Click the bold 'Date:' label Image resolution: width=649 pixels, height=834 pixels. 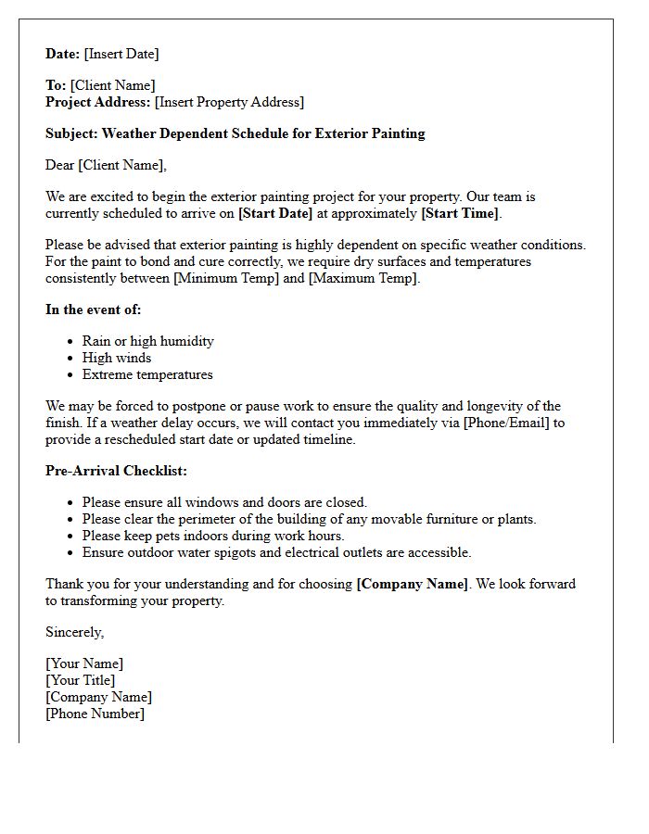63,54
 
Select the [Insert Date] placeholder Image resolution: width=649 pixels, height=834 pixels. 121,54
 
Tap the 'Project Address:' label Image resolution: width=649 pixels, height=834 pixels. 98,102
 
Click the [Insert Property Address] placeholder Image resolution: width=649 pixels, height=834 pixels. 229,102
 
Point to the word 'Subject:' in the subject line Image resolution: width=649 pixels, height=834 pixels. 71,133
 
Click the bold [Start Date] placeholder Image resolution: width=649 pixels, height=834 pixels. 275,213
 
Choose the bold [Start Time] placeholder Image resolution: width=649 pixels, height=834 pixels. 460,213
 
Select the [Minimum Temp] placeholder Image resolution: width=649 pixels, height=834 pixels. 226,278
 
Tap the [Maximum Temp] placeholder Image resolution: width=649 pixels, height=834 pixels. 363,278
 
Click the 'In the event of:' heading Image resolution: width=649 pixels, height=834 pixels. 94,310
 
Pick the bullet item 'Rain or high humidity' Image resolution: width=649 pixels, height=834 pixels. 148,341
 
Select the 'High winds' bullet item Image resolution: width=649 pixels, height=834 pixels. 117,358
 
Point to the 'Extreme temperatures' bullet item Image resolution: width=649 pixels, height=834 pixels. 147,374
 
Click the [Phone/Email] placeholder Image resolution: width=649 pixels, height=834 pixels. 508,423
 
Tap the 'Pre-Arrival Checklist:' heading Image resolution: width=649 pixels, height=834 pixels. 116,471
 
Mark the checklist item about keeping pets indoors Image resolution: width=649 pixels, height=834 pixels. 213,536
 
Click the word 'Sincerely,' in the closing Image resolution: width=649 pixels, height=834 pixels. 75,632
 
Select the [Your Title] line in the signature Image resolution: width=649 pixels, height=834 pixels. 81,680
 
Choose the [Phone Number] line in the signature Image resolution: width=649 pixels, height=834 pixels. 95,714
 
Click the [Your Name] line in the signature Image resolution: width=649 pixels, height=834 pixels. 84,663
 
